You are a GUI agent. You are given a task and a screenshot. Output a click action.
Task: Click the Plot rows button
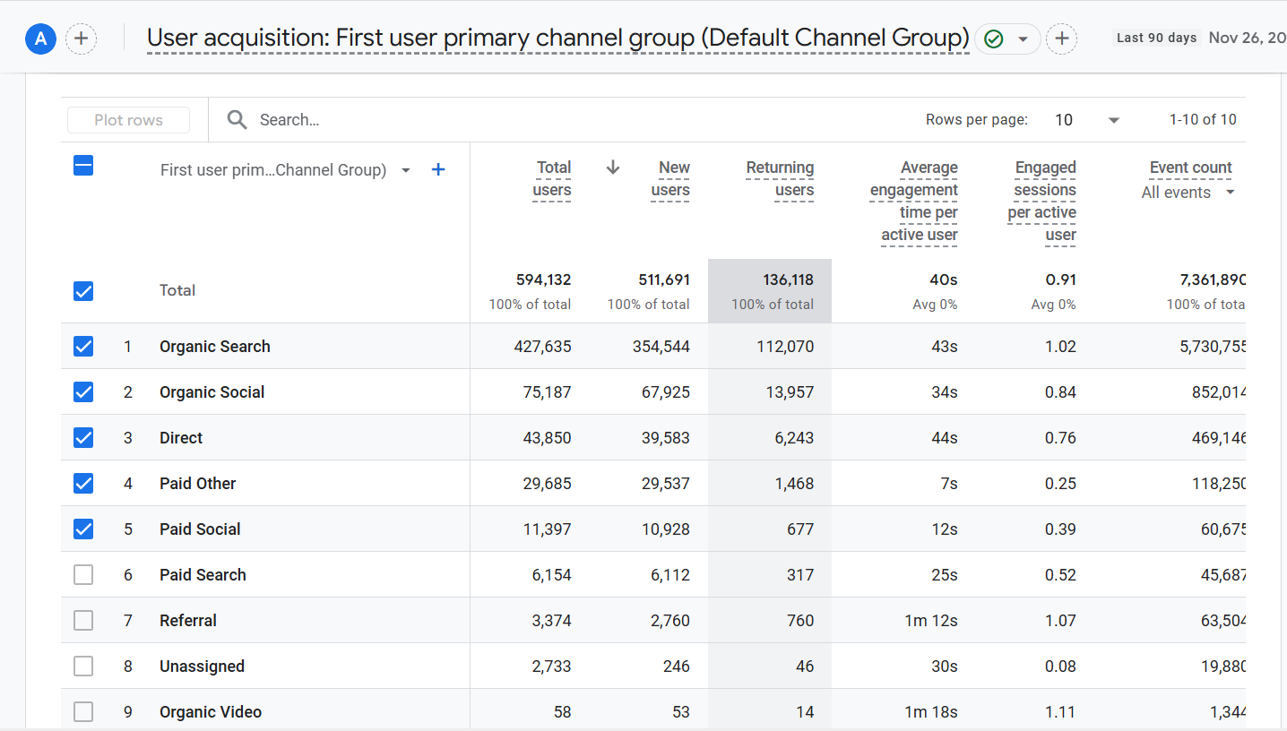tap(128, 120)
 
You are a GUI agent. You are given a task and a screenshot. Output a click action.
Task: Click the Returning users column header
tap(780, 179)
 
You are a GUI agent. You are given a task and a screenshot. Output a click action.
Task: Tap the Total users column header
tap(552, 179)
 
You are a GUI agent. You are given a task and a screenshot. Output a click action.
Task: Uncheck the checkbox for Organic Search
tap(83, 347)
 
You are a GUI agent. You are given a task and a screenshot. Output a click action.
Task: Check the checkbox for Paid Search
tap(83, 575)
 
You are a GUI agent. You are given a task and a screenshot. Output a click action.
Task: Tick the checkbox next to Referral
tap(83, 621)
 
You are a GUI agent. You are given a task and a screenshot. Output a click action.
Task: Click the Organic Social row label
tap(212, 392)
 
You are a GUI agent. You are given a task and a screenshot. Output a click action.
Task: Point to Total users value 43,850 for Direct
tap(547, 438)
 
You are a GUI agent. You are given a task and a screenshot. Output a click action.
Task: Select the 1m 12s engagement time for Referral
tap(931, 621)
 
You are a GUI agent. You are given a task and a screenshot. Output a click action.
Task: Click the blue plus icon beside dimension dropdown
tap(438, 170)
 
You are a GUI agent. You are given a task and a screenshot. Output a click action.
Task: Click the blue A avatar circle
tap(40, 39)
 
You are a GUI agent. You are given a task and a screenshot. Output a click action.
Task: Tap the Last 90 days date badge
tap(1156, 38)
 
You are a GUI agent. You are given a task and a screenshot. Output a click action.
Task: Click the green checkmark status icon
tap(993, 39)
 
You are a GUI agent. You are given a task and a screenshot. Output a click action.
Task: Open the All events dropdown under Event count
tap(1188, 193)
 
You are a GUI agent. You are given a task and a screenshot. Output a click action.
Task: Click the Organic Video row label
tap(211, 712)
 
